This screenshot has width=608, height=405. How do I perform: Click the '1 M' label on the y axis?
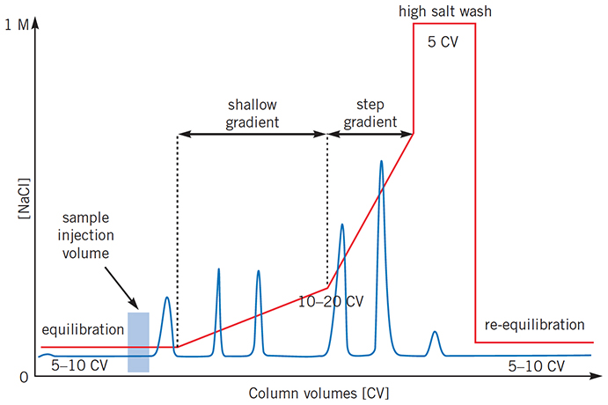coord(16,26)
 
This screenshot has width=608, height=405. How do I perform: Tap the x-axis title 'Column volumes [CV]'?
coord(319,392)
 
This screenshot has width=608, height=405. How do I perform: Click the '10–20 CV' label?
coord(331,300)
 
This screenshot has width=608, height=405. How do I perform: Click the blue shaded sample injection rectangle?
coord(138,342)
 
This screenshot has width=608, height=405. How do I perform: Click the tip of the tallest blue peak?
coord(381,162)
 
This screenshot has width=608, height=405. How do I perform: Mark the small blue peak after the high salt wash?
coord(435,334)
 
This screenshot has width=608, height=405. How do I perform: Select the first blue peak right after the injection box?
coord(166,298)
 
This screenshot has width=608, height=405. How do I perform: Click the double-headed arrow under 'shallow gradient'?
coord(253,135)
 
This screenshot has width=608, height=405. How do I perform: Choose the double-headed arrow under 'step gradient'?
coord(370,135)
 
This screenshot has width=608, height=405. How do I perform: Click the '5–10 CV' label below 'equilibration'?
coord(79,364)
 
